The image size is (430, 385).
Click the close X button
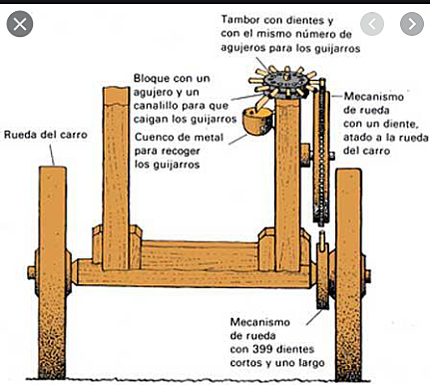click(x=20, y=22)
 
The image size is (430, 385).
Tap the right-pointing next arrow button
click(x=410, y=22)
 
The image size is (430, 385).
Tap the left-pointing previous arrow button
click(x=371, y=22)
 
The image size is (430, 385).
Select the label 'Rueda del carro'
click(x=45, y=135)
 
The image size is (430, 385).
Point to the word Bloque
click(x=156, y=77)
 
